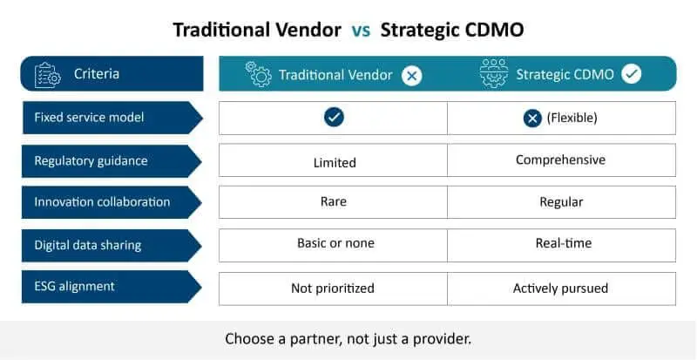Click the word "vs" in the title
point(361,31)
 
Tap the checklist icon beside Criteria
point(48,75)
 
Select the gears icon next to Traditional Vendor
point(258,74)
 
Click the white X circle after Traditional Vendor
point(411,76)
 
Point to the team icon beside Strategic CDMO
point(494,73)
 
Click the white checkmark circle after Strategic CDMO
point(631,74)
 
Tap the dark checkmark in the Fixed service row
point(334,117)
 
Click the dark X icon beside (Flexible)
point(532,119)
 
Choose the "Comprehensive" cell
point(561,160)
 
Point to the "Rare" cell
point(334,201)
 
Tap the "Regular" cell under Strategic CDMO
point(561,202)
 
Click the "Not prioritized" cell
point(333,289)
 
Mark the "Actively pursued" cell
point(560,289)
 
